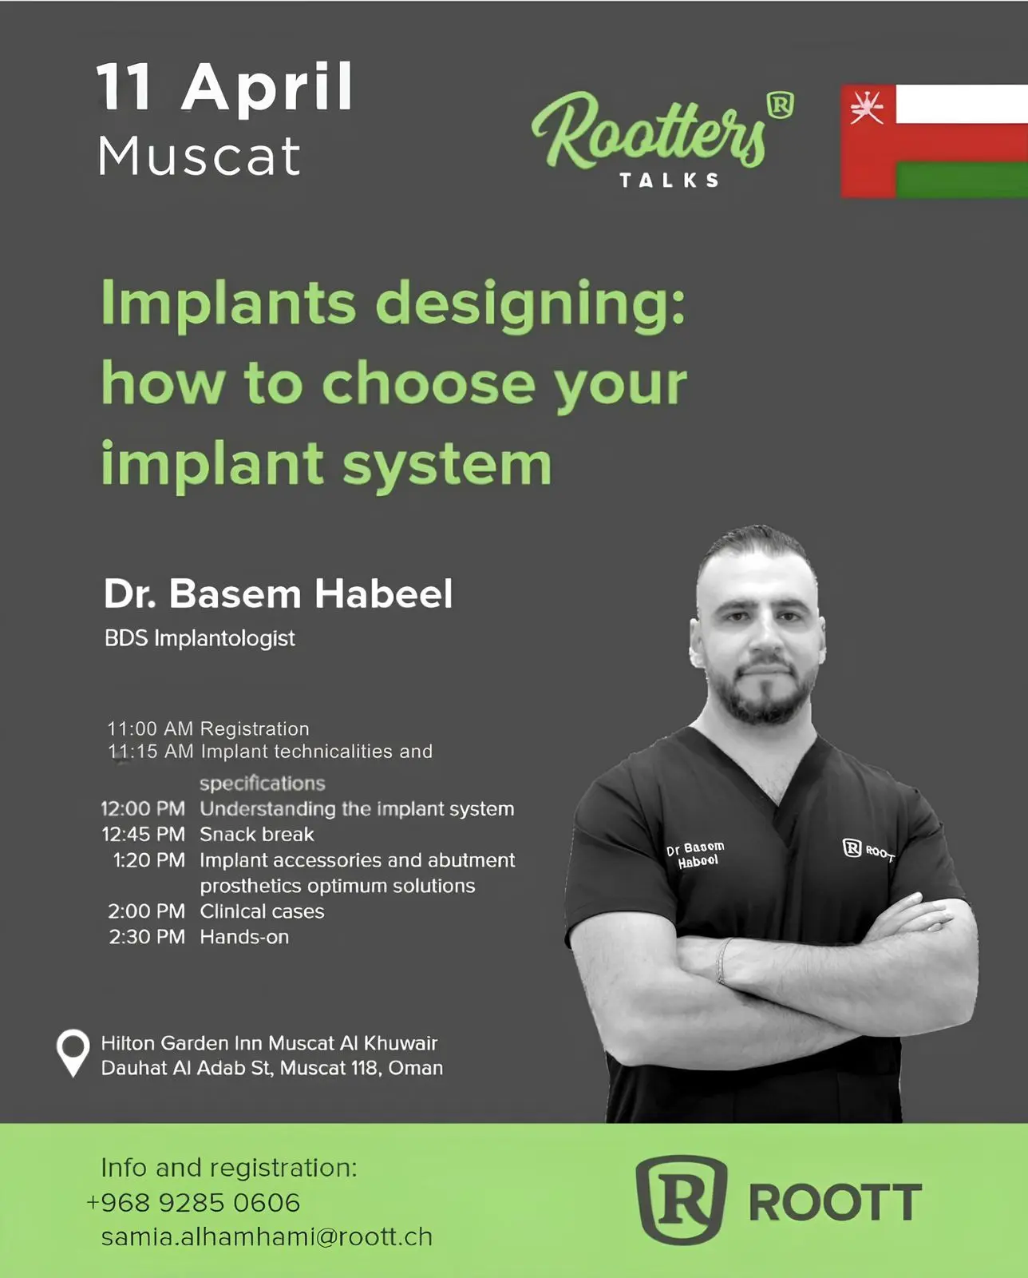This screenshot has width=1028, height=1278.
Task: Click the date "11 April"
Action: click(224, 88)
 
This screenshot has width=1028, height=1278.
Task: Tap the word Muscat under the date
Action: click(200, 157)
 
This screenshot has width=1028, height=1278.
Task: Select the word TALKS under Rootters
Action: click(669, 180)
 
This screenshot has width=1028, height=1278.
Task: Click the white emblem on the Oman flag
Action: click(867, 106)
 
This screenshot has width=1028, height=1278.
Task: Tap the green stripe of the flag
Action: click(962, 179)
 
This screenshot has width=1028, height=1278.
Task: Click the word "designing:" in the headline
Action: click(531, 305)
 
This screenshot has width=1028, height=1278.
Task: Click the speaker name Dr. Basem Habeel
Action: click(279, 593)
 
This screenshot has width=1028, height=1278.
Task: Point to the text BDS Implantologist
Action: click(200, 638)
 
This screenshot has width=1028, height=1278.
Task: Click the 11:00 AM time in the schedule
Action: click(150, 728)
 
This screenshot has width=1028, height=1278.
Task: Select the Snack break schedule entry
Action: click(257, 835)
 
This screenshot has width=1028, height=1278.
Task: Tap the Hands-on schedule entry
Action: click(244, 937)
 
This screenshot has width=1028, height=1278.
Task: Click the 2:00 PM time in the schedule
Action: click(147, 911)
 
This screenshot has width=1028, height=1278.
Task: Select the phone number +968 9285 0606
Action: click(193, 1203)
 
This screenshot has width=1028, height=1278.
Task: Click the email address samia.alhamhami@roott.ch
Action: click(267, 1237)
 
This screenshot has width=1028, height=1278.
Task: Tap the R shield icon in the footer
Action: click(682, 1200)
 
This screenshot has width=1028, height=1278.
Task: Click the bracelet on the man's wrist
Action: click(722, 961)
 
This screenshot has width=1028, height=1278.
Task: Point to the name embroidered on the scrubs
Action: click(696, 854)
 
